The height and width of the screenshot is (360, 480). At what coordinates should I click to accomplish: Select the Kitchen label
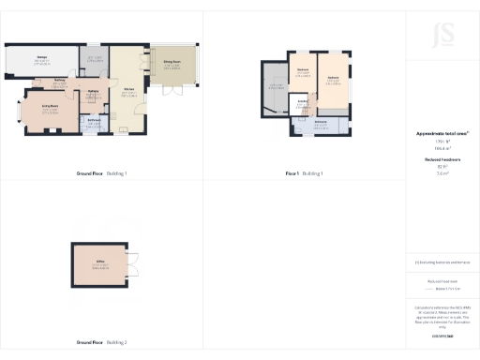point(129,90)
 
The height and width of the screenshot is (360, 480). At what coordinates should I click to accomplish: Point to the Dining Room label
point(172,63)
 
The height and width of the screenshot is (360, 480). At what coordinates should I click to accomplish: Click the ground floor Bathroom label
point(95,120)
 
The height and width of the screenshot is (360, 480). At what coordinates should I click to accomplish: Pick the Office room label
point(99,262)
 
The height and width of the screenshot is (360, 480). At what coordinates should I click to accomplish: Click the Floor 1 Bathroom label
point(321,122)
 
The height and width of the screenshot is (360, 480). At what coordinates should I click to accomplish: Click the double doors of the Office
point(135,264)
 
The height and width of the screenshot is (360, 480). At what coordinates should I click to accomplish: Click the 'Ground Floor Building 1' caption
point(101,173)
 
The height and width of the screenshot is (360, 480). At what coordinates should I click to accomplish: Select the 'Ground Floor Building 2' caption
point(101,342)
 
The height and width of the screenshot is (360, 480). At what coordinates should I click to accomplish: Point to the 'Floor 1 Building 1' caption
point(304,173)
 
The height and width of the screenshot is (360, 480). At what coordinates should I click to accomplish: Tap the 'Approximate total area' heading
point(442,134)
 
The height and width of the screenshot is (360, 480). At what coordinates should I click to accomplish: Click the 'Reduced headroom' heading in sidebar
point(442,160)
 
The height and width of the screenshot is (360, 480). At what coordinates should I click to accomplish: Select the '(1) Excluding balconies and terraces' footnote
point(442,262)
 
